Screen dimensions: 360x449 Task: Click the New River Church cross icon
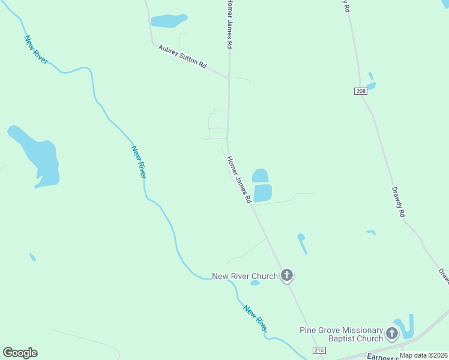click(x=287, y=275)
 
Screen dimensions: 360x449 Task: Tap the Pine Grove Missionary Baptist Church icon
click(x=392, y=333)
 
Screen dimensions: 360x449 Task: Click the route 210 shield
click(x=319, y=350)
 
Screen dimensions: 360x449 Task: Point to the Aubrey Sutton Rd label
click(x=182, y=56)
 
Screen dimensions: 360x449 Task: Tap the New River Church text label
click(x=245, y=277)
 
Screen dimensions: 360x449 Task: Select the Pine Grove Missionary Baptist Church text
click(x=341, y=334)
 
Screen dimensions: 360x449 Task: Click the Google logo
click(x=20, y=353)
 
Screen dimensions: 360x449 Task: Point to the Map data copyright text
click(x=423, y=355)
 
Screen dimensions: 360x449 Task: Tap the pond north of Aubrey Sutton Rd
click(x=169, y=21)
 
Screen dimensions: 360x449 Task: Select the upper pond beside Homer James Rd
click(x=260, y=175)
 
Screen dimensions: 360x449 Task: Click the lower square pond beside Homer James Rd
click(x=262, y=193)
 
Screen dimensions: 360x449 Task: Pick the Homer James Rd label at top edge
click(x=229, y=24)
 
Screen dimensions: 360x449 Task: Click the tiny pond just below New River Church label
click(x=255, y=283)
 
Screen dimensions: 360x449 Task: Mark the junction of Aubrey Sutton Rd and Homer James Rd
click(x=229, y=78)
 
